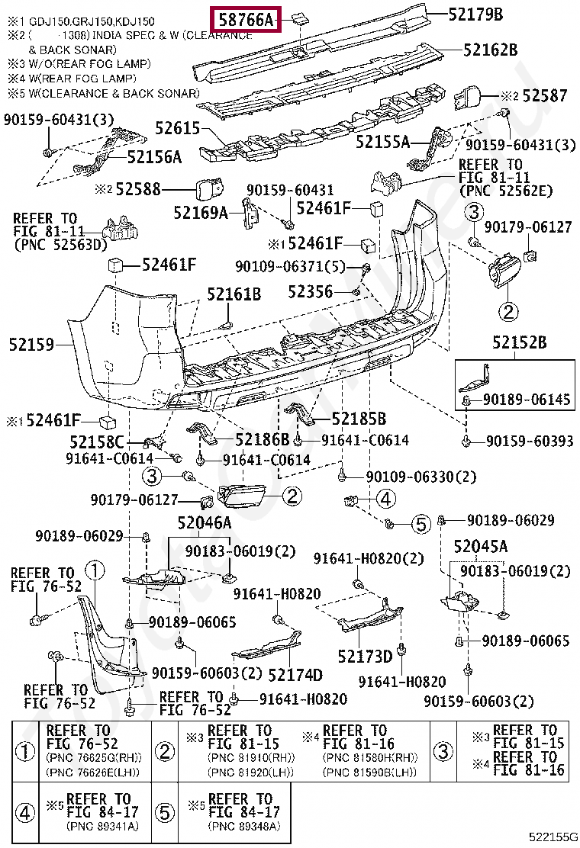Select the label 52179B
point(475,14)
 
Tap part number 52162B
point(490,50)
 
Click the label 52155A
point(382,142)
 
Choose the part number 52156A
point(154,157)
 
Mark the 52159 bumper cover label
point(32,345)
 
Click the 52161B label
point(234,294)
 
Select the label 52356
point(311,291)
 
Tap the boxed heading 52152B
point(519,344)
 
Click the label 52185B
point(359,419)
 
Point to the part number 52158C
point(97,442)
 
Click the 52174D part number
point(295,675)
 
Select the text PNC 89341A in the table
point(104,826)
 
